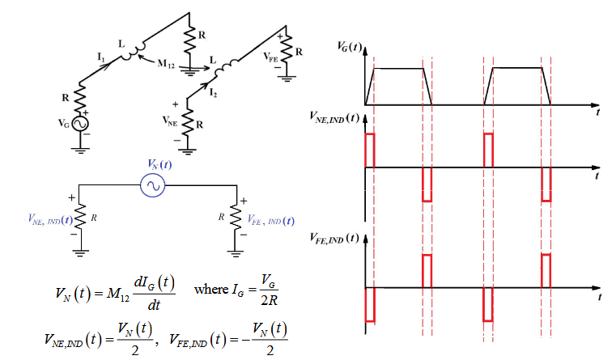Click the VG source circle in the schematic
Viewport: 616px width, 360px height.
click(x=81, y=124)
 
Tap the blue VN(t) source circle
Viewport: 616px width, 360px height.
click(x=153, y=187)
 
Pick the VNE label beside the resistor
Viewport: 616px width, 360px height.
click(x=169, y=122)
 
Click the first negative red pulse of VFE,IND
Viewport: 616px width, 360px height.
click(x=371, y=304)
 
